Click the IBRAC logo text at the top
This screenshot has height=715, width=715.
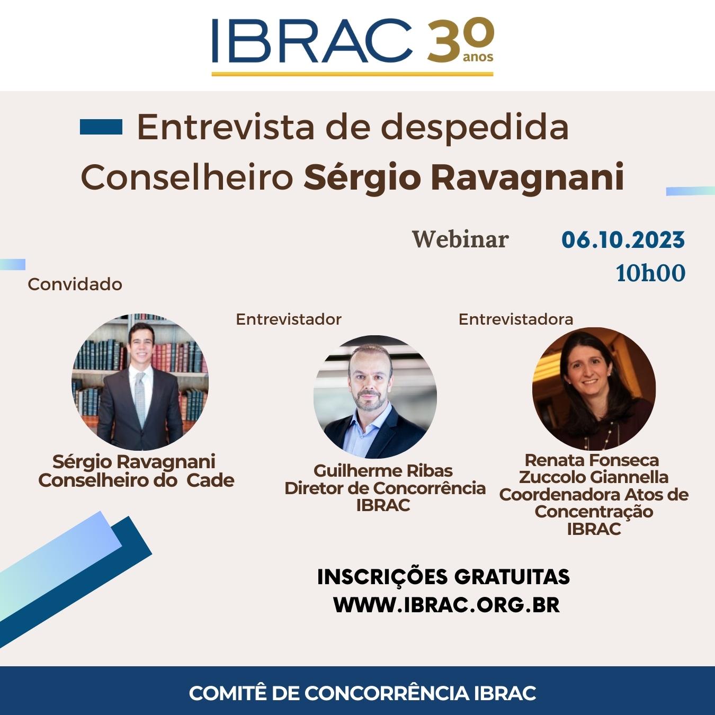[312, 40]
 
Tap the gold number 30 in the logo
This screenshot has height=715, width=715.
[460, 40]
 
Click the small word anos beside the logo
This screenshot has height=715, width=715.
[478, 57]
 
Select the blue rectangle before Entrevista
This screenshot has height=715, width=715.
[101, 127]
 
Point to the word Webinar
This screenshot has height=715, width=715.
[460, 240]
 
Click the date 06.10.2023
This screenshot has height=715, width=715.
[623, 240]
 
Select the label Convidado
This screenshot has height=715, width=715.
[75, 284]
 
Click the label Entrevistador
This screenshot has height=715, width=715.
[289, 319]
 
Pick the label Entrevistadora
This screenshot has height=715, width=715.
[516, 319]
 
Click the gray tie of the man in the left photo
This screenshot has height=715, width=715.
[140, 398]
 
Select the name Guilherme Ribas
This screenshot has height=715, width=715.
[383, 471]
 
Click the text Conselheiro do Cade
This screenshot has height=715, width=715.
[136, 480]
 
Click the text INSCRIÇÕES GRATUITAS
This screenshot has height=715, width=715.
[443, 577]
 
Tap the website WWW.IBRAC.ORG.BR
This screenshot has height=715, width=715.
[446, 605]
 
